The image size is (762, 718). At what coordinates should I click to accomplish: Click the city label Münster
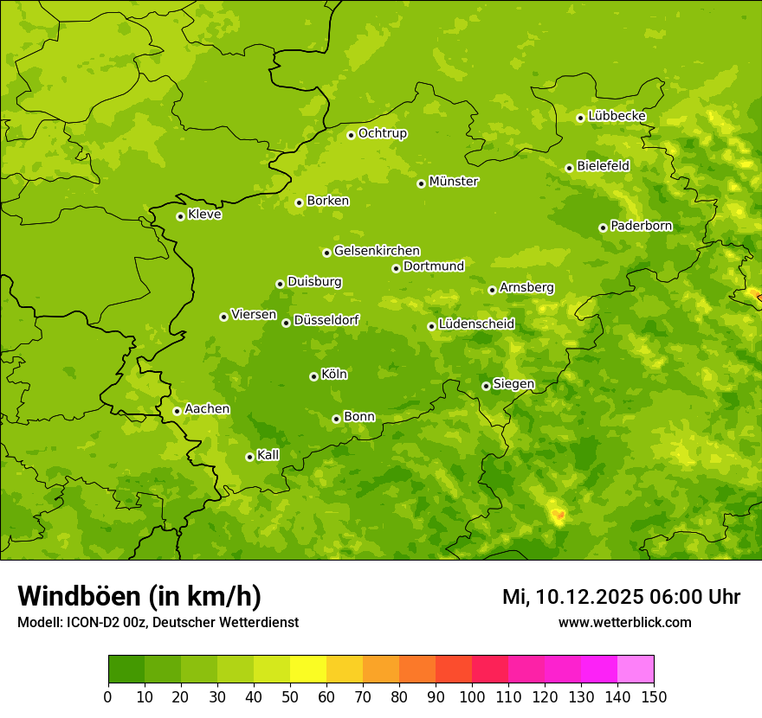pos(453,182)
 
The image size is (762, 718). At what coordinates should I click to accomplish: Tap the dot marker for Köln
pos(313,376)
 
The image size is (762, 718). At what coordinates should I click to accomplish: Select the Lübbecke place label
pos(617,116)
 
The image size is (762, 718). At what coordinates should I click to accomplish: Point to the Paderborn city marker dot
pos(603,228)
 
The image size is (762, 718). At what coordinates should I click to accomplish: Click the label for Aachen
pos(207,409)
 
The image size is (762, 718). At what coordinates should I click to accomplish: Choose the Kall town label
pos(268,455)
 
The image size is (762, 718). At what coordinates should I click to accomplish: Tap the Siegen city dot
pos(486,386)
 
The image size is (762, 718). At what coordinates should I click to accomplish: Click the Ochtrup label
pos(382,133)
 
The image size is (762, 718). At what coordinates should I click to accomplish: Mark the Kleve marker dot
pos(180,216)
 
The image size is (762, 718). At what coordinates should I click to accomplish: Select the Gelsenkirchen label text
pos(377,251)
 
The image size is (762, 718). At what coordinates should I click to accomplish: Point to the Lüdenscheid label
pos(476,324)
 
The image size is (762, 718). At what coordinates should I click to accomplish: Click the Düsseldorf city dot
pos(286,323)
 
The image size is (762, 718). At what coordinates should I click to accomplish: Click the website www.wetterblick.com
pos(624,622)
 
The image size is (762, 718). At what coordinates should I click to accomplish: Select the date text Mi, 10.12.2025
pos(581,597)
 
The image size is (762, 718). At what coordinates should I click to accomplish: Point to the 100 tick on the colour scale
pos(472,696)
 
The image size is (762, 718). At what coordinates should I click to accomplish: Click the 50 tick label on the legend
pos(290,696)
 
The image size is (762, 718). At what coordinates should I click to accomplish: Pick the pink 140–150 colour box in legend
pos(636,670)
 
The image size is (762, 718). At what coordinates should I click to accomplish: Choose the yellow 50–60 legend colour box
pos(308,670)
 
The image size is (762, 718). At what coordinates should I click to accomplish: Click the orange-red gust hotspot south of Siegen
pos(559,516)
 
